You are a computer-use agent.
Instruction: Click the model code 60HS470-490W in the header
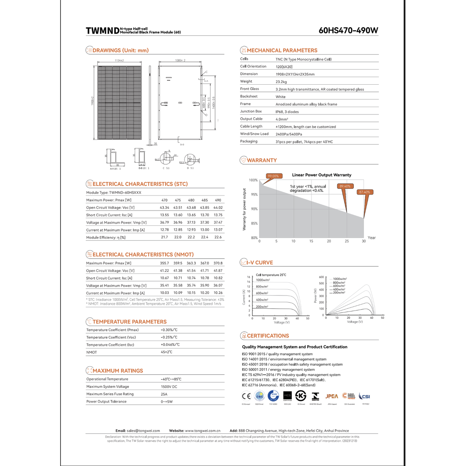point(348,30)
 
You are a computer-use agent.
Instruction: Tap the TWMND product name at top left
point(102,31)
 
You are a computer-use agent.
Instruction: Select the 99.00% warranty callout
point(273,176)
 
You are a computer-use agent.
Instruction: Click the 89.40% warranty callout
point(345,186)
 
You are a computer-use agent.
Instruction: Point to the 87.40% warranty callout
point(365,192)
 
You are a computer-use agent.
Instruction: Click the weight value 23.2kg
point(281,82)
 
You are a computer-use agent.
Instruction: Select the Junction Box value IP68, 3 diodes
point(287,112)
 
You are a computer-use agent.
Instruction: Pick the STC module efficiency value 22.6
point(218,237)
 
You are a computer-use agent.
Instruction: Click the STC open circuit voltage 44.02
point(218,208)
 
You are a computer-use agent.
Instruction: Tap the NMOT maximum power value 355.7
point(164,263)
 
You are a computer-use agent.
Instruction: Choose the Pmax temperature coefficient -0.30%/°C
point(169,330)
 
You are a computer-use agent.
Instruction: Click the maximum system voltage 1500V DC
point(169,387)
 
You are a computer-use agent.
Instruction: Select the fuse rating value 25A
point(164,394)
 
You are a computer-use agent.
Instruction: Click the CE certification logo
point(246,396)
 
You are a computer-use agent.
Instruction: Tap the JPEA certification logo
point(332,396)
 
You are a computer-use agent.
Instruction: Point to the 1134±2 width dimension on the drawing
point(119,61)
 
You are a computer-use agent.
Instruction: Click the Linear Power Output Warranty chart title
point(322,175)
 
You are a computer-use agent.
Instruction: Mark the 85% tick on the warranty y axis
point(254,224)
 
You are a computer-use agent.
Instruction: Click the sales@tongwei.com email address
point(143,431)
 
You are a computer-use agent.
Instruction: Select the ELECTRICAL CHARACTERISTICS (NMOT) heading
point(143,255)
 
